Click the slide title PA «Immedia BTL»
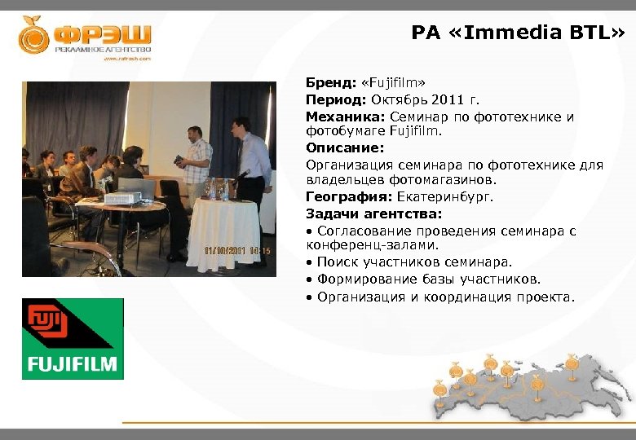tap(519, 33)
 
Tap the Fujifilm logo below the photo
tap(73, 338)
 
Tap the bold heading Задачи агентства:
tap(373, 213)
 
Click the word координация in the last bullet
tap(459, 297)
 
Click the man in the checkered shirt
tap(196, 159)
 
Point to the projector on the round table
tap(118, 198)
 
